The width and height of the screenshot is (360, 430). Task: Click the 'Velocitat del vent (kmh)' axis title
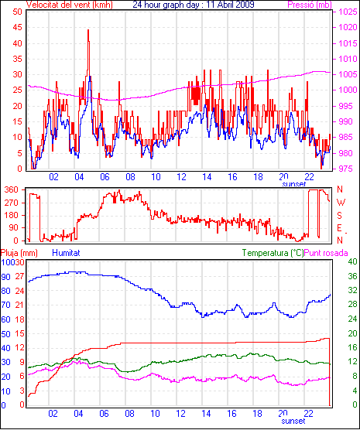[x=70, y=5]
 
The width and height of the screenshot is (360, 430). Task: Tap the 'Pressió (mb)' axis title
[x=310, y=5]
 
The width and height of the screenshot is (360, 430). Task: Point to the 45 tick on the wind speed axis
[x=17, y=27]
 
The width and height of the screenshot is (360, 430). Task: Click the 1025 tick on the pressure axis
[x=348, y=12]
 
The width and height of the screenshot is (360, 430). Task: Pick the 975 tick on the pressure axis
[x=348, y=169]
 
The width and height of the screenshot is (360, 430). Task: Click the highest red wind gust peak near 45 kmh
[x=88, y=30]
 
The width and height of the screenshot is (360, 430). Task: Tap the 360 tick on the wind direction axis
[x=12, y=189]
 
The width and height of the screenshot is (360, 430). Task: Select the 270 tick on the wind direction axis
[x=12, y=203]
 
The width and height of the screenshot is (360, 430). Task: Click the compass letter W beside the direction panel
[x=341, y=203]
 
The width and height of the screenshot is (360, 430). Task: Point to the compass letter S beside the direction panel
[x=340, y=216]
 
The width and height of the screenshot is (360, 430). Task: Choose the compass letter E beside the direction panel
[x=340, y=228]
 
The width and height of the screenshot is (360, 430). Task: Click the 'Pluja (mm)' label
[x=19, y=253]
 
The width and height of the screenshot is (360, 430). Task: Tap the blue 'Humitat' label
[x=66, y=253]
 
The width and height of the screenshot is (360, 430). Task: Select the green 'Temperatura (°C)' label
[x=273, y=253]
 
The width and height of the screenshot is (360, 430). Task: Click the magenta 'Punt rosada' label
[x=326, y=253]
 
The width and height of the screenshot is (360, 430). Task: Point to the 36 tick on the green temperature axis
[x=352, y=276]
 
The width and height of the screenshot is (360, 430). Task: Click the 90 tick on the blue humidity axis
[x=5, y=277]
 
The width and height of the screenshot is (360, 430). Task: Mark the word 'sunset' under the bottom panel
[x=293, y=421]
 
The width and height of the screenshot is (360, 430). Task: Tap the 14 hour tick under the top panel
[x=207, y=177]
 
